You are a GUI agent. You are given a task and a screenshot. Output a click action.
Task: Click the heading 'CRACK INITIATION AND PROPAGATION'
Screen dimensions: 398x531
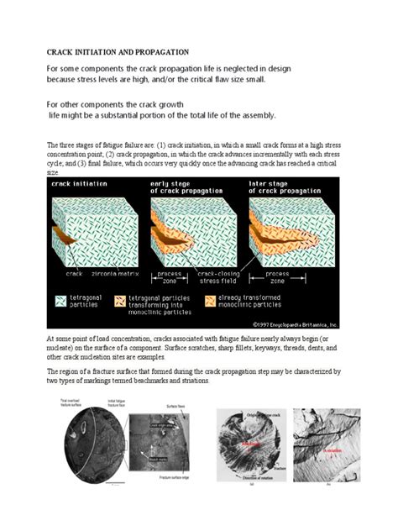coord(118,51)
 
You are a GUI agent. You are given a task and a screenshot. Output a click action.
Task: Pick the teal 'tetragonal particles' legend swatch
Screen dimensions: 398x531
coord(60,300)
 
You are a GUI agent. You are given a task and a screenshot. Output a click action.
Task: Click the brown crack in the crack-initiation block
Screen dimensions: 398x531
coord(64,238)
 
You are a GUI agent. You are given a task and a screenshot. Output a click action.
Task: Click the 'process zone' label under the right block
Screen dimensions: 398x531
coord(277,276)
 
